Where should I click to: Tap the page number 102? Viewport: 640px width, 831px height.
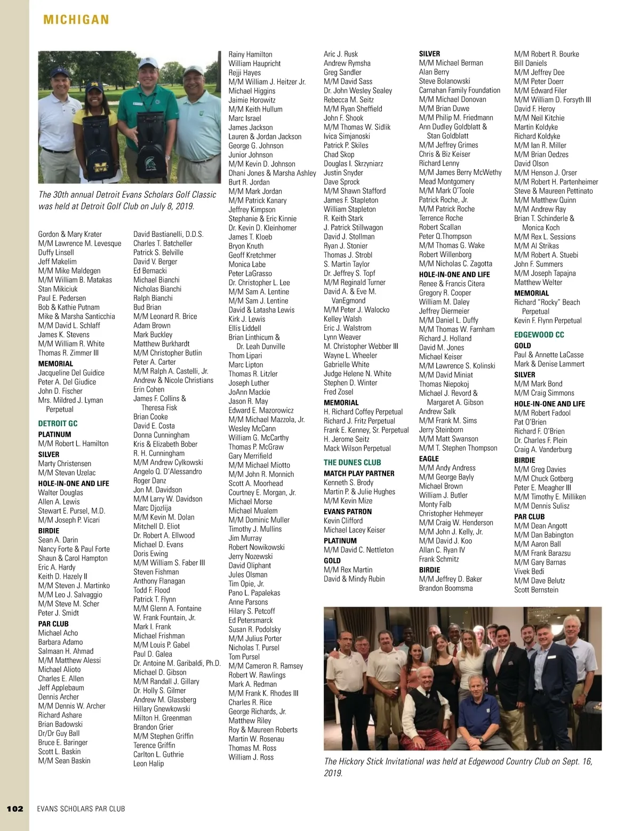coord(15,808)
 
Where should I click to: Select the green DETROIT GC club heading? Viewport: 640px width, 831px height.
coord(58,424)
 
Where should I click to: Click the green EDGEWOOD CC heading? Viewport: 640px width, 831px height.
coord(539,335)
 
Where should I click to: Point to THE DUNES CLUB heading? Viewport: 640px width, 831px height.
coord(352,462)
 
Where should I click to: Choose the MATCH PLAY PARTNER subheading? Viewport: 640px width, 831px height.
coord(359,473)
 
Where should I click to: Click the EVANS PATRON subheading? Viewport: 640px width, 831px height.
coord(348,512)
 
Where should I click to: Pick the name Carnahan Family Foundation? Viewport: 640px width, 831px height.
coord(459,90)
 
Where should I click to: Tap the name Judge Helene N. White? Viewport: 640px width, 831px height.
coord(357,373)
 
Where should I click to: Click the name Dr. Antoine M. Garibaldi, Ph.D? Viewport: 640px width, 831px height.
coord(177,663)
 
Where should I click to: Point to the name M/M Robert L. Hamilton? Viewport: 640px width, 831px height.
coord(73,443)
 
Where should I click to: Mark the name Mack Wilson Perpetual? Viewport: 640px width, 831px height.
coord(357,448)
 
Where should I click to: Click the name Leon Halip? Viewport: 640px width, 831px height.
coord(148,763)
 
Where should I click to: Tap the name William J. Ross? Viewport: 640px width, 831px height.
coord(251,757)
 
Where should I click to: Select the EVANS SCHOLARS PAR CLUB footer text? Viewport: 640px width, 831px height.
coord(81,809)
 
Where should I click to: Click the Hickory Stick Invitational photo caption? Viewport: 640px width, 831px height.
coord(458,767)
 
